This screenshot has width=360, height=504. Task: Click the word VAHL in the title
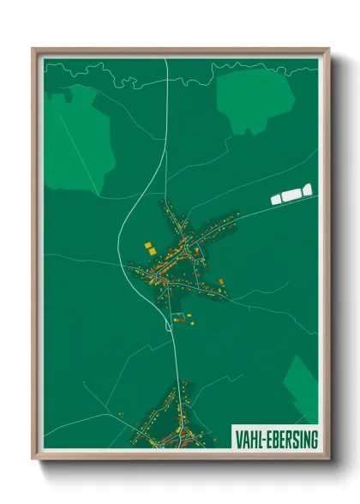point(249,440)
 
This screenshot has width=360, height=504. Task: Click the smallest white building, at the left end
point(276,199)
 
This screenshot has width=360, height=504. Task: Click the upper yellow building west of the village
point(147,246)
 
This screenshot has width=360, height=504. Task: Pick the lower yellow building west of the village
point(152,255)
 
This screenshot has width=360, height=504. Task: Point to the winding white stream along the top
point(129,79)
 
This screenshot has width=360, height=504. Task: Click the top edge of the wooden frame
point(180,51)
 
